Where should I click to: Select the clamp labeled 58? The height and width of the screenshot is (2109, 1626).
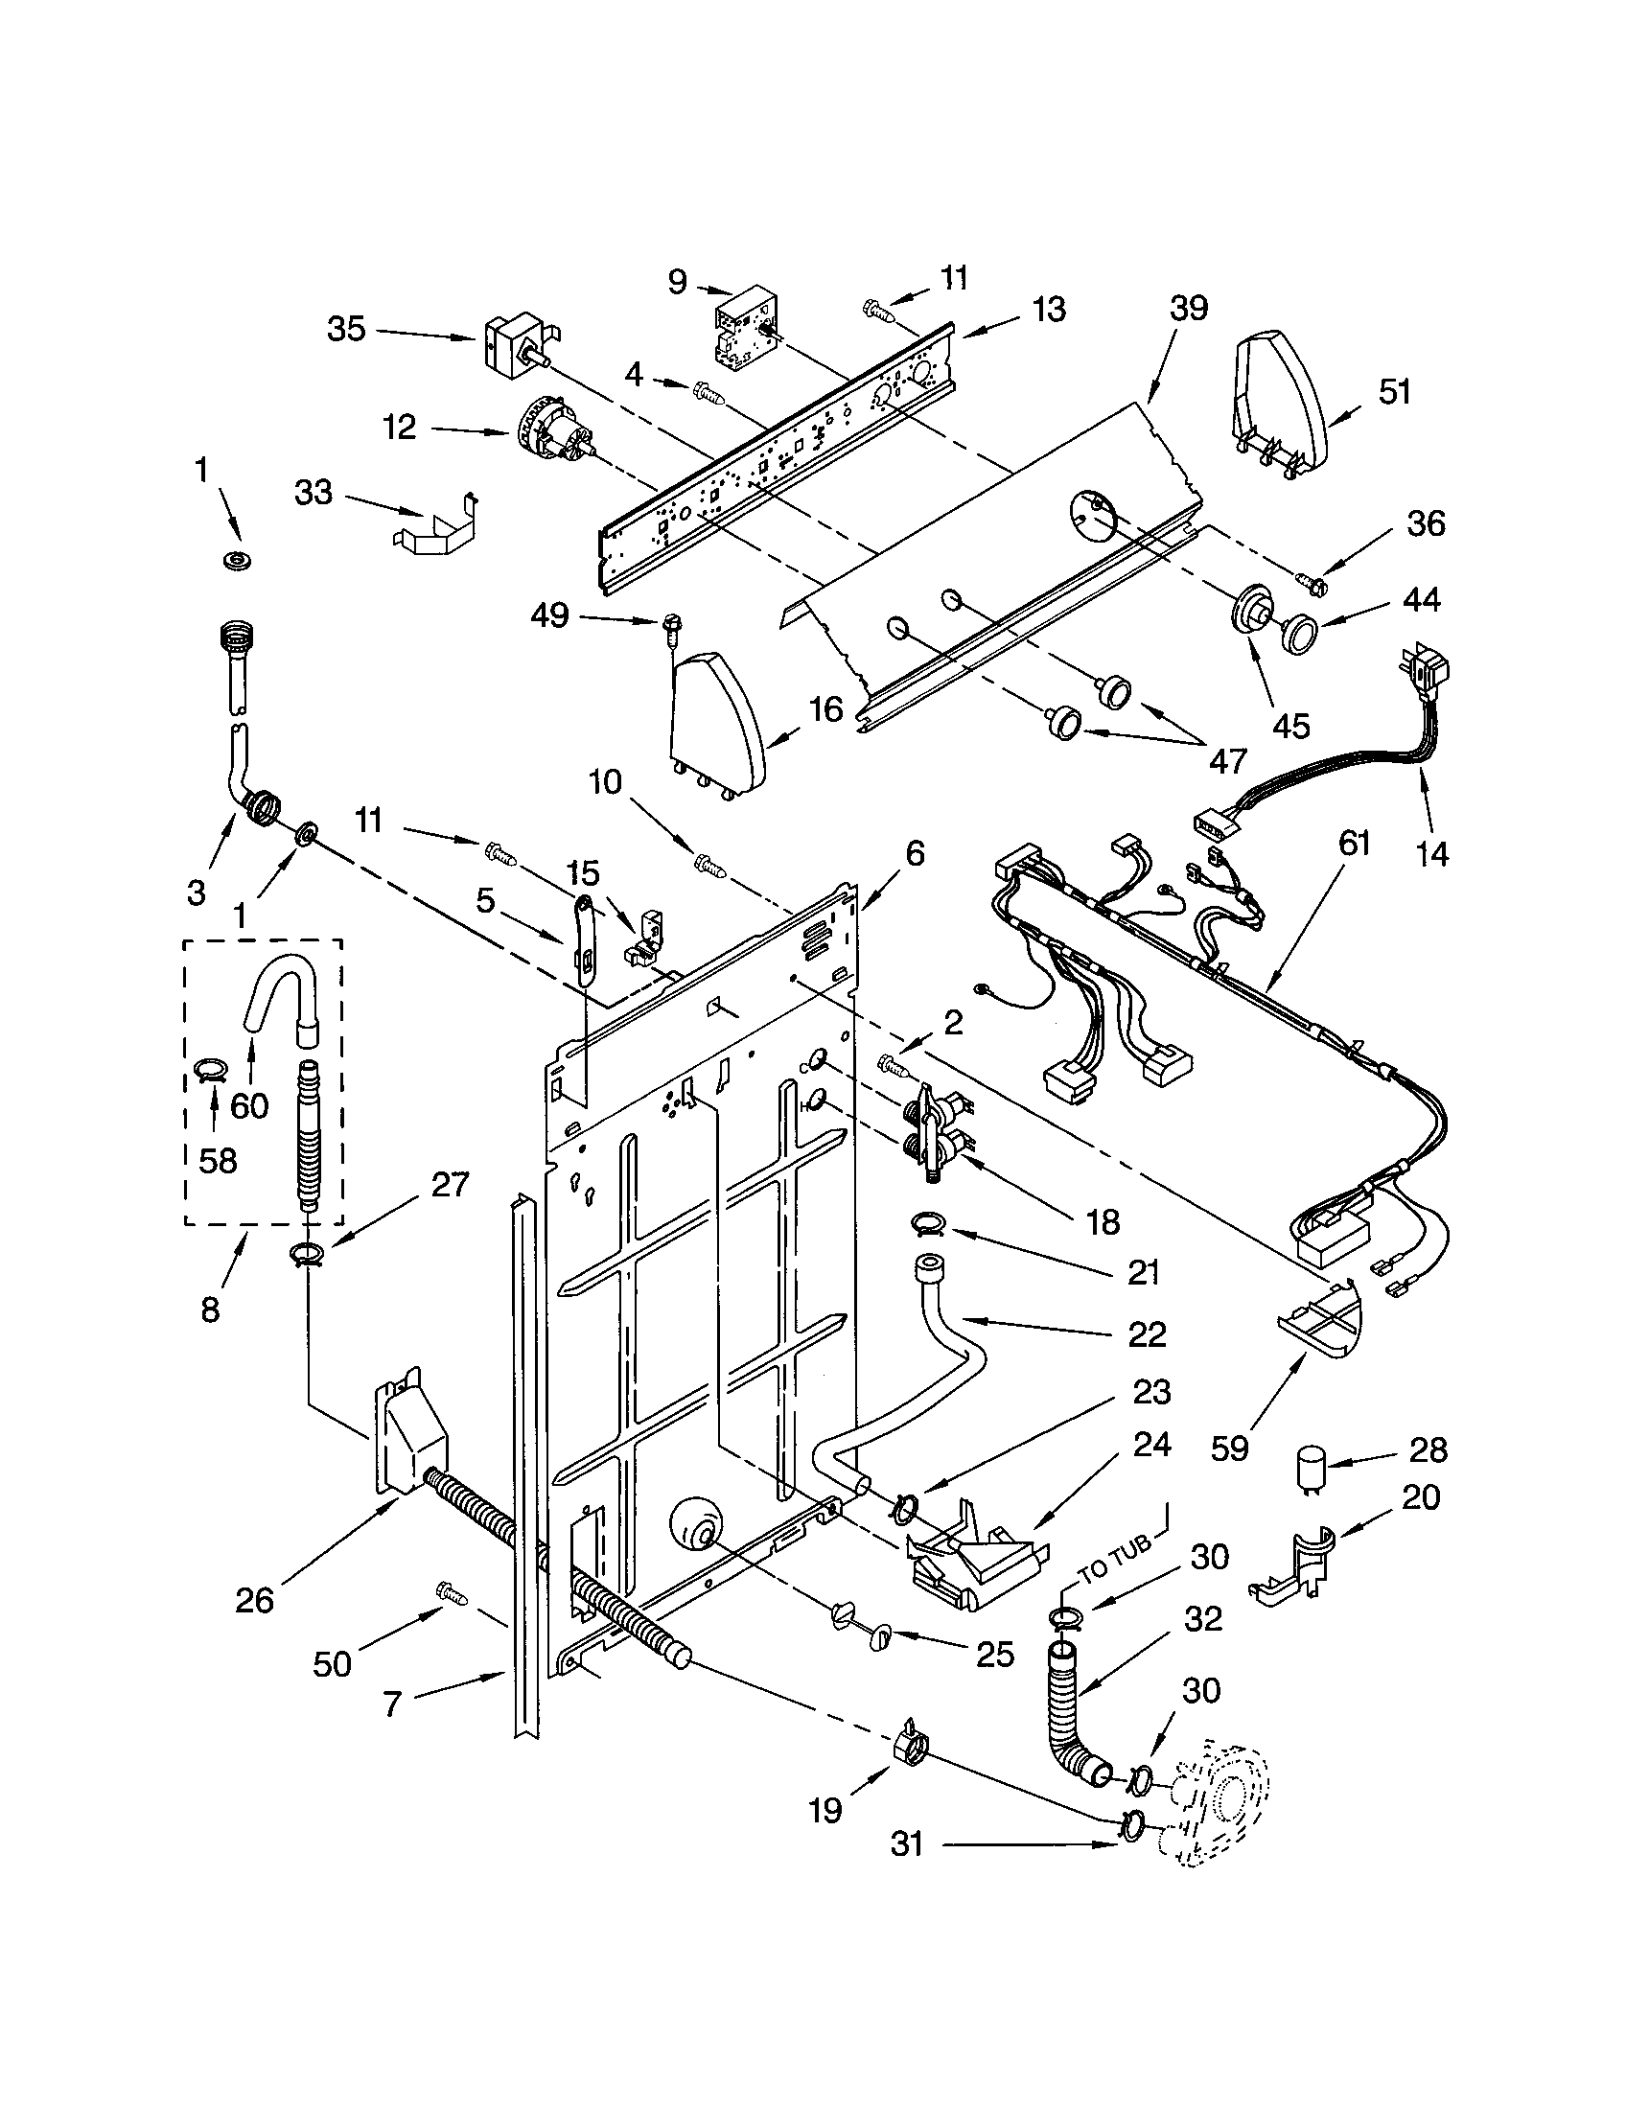211,1069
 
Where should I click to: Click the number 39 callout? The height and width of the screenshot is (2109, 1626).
1189,309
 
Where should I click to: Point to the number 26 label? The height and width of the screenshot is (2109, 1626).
255,1600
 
